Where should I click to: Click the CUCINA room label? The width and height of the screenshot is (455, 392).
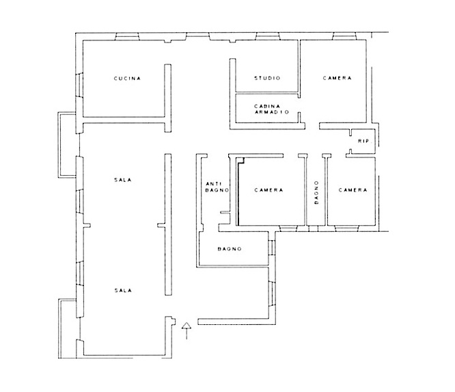[x=127, y=78]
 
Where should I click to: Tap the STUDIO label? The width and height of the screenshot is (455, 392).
[x=268, y=78]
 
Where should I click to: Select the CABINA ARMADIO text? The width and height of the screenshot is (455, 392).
[x=272, y=109]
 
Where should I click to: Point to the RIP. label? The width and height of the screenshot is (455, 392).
[x=364, y=141]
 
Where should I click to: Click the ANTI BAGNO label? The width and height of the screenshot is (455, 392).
[x=217, y=187]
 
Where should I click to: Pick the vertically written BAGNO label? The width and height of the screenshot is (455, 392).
[x=316, y=192]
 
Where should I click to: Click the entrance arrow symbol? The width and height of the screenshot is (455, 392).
[x=187, y=330]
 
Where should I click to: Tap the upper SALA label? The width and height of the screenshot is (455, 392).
[x=123, y=180]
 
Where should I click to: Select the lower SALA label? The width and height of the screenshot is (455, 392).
[x=123, y=290]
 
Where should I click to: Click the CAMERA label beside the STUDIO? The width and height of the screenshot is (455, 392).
[x=337, y=78]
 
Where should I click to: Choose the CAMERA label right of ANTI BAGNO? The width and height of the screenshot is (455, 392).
[x=268, y=190]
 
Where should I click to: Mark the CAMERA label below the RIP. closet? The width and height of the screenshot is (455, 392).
[x=353, y=190]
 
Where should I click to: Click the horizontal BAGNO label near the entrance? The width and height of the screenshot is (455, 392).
[x=230, y=249]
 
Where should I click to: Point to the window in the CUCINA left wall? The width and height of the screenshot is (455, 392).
[x=79, y=85]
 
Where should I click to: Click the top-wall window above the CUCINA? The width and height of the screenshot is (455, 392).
[x=127, y=36]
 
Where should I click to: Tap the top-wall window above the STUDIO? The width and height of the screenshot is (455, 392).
[x=268, y=36]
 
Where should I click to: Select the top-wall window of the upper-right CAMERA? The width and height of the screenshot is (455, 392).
[x=344, y=36]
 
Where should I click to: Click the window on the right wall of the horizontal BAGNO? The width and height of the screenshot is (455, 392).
[x=272, y=248]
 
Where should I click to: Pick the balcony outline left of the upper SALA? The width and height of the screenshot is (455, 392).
[x=67, y=145]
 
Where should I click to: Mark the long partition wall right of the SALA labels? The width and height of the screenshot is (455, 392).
[x=168, y=224]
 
